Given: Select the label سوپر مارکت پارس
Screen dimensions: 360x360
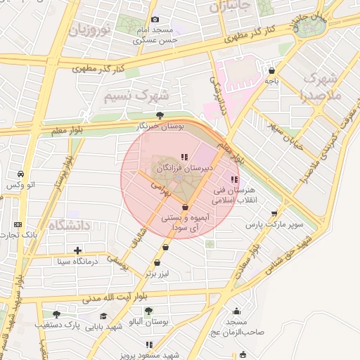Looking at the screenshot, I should [x=274, y=225].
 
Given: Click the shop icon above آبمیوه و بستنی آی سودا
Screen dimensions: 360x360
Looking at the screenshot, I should [x=185, y=207].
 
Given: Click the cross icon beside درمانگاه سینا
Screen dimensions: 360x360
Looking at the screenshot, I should [x=77, y=250].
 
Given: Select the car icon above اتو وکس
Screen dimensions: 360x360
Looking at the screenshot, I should [x=21, y=174].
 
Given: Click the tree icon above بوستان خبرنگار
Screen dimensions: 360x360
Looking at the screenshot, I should [x=160, y=115].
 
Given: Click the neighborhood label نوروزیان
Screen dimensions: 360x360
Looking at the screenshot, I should [x=91, y=31].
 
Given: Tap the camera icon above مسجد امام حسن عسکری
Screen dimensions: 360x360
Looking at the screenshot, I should [x=155, y=19].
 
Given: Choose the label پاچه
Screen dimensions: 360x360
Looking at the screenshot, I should [x=271, y=81].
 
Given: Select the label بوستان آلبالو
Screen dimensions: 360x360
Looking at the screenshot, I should [x=148, y=321].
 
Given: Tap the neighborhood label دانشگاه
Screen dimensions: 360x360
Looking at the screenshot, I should [x=70, y=226].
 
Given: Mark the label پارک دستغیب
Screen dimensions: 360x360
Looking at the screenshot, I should [x=56, y=326].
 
